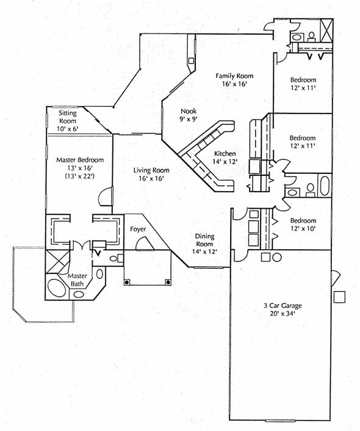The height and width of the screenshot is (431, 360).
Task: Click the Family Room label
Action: pyautogui.click(x=234, y=76)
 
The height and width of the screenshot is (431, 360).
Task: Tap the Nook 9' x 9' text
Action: pyautogui.click(x=189, y=115)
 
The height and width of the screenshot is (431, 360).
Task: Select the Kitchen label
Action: pyautogui.click(x=225, y=154)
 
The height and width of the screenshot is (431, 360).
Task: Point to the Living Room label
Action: pyautogui.click(x=151, y=170)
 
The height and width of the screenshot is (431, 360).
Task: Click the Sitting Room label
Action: pyautogui.click(x=68, y=117)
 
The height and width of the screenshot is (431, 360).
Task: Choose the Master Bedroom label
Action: pyautogui.click(x=80, y=160)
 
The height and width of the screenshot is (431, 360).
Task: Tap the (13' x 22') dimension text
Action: pyautogui.click(x=80, y=176)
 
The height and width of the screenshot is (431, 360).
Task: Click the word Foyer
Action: pyautogui.click(x=138, y=229)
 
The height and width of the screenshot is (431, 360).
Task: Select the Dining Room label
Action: pyautogui.click(x=205, y=240)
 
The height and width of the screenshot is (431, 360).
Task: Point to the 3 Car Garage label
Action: pyautogui.click(x=283, y=305)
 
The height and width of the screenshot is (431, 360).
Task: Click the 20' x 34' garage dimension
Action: pyautogui.click(x=283, y=313)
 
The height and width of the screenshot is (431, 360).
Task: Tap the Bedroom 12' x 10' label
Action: pyautogui.click(x=303, y=224)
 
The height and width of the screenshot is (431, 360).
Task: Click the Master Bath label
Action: pyautogui.click(x=77, y=280)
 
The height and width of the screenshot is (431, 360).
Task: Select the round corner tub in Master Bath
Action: pyautogui.click(x=57, y=288)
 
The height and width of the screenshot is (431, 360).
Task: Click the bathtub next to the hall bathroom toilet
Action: pyautogui.click(x=325, y=186)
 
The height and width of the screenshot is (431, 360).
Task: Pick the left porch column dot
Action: pyautogui.click(x=127, y=282)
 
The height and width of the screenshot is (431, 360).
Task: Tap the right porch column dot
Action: pyautogui.click(x=168, y=282)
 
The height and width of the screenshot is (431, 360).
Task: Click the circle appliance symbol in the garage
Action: pyautogui.click(x=277, y=257)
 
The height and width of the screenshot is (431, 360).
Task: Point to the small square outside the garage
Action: pyautogui.click(x=339, y=297)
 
